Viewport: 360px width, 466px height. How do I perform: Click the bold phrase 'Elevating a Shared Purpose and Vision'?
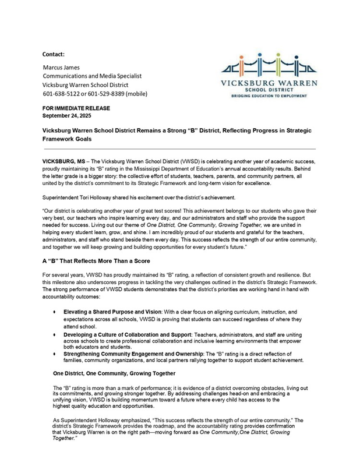[118, 312]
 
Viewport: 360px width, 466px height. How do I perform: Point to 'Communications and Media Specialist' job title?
[92, 76]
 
